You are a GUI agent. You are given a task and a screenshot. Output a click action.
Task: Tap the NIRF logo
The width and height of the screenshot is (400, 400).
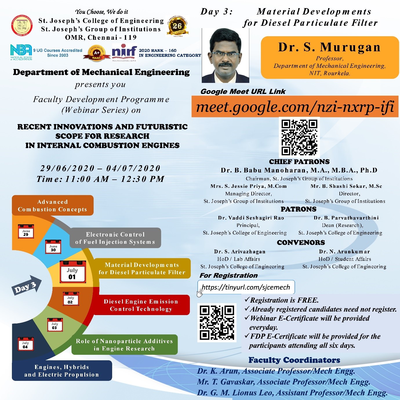[x=124, y=52]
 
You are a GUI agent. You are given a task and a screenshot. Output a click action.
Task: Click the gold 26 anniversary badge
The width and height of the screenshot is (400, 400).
[x=177, y=26]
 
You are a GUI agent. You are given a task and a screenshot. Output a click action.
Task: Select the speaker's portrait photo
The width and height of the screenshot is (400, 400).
[x=225, y=56]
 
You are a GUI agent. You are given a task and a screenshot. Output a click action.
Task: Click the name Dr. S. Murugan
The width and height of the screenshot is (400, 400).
[x=329, y=47]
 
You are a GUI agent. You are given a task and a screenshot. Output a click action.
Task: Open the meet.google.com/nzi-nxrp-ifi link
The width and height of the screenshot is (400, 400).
[x=295, y=107]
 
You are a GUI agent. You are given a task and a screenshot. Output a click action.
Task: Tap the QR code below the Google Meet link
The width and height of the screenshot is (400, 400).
[x=299, y=137]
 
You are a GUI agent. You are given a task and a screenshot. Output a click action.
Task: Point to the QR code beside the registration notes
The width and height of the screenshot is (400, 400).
[x=217, y=322]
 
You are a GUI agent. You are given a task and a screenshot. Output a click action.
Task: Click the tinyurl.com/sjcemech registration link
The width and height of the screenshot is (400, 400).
[x=246, y=287]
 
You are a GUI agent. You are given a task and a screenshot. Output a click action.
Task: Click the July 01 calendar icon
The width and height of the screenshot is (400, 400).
[x=72, y=272]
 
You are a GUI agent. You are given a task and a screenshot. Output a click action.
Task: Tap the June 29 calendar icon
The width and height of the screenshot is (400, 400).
[x=26, y=231]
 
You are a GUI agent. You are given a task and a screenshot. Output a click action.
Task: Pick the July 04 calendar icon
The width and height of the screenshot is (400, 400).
[x=26, y=344]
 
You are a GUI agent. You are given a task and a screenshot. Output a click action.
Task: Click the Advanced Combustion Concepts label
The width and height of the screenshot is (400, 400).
[x=52, y=206]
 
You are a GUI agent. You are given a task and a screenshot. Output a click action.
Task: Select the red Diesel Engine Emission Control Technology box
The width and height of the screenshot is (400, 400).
[x=141, y=305]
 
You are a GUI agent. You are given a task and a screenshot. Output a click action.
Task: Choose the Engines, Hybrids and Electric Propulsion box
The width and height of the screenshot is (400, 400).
[x=62, y=371]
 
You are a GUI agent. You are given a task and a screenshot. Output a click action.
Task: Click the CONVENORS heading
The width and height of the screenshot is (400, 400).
[x=301, y=243]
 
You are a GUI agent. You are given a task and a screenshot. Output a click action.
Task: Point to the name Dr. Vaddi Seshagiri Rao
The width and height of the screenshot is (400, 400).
[x=251, y=218]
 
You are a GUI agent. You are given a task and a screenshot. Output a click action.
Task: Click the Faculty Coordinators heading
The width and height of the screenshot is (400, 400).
[x=294, y=360]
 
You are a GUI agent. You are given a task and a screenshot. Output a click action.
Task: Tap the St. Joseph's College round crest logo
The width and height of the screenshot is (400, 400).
[x=22, y=26]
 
